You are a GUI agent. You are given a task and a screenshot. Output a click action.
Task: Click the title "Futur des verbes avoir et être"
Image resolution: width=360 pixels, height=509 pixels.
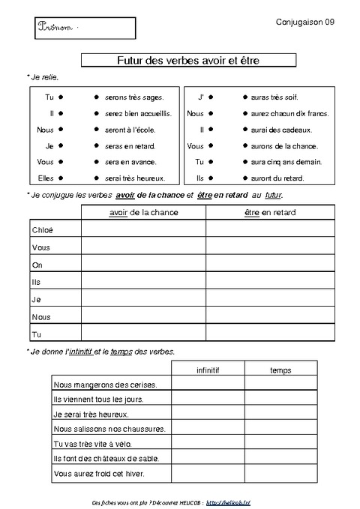pos(187,60)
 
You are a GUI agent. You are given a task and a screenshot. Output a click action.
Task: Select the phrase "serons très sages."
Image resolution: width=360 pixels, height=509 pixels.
pos(135,97)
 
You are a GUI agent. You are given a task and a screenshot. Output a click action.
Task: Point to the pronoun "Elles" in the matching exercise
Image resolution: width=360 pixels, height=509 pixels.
pos(45,178)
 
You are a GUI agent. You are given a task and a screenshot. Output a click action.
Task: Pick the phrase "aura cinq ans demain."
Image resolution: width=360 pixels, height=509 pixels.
pos(277,162)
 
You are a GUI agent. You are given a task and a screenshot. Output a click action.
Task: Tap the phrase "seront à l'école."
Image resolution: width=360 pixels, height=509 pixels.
pos(130,130)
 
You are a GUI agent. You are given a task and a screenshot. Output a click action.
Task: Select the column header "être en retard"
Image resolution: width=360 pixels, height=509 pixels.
pos(270,212)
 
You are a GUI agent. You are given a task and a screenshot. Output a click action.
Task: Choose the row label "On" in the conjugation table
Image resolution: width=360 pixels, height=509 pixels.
pos(37,265)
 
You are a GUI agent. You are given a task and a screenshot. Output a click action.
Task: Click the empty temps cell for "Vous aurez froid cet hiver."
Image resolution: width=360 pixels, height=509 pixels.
pos(280,474)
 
